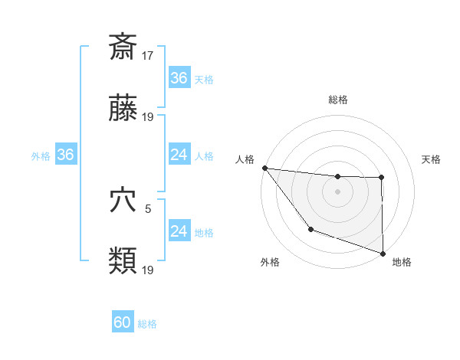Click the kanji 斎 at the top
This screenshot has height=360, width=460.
pyautogui.click(x=123, y=47)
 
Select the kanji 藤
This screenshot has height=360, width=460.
pyautogui.click(x=123, y=110)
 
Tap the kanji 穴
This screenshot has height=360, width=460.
pyautogui.click(x=123, y=201)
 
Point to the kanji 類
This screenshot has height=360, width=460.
pyautogui.click(x=123, y=261)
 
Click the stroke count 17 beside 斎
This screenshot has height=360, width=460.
pyautogui.click(x=149, y=55)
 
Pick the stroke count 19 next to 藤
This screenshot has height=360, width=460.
pyautogui.click(x=149, y=118)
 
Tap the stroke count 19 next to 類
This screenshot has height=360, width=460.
pyautogui.click(x=149, y=270)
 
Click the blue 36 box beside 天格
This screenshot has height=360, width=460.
pyautogui.click(x=179, y=78)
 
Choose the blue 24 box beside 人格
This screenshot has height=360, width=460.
pyautogui.click(x=179, y=155)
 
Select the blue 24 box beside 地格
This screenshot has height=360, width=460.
pyautogui.click(x=179, y=231)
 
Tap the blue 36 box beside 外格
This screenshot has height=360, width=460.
pyautogui.click(x=65, y=155)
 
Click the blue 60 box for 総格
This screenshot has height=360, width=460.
pyautogui.click(x=123, y=322)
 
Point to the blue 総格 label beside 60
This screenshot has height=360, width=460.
pyautogui.click(x=148, y=324)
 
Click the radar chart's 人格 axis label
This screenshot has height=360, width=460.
pyautogui.click(x=245, y=159)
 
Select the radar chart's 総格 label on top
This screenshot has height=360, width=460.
pyautogui.click(x=337, y=100)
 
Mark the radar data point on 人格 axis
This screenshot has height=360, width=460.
pyautogui.click(x=264, y=168)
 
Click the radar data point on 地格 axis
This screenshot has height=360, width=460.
pyautogui.click(x=382, y=252)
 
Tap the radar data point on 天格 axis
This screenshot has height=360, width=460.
pyautogui.click(x=382, y=178)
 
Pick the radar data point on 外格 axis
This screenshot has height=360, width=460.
pyautogui.click(x=310, y=229)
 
